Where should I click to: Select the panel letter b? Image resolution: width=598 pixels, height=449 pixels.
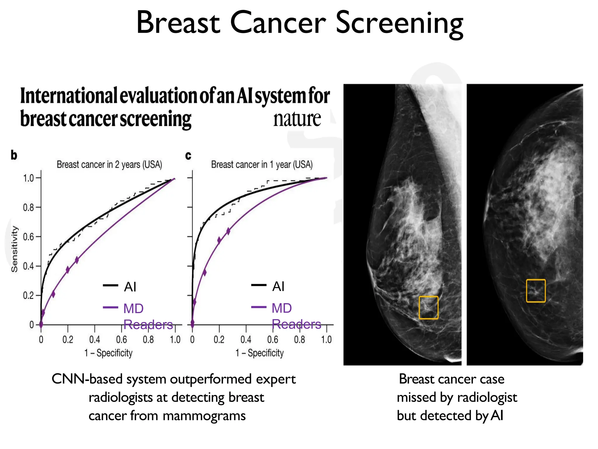(14, 155)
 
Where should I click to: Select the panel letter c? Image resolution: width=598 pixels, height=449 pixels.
(188, 155)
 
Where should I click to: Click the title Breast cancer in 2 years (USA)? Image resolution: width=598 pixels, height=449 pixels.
(109, 165)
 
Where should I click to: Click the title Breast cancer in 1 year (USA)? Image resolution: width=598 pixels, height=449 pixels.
(262, 165)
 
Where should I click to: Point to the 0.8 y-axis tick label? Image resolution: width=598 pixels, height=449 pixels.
(28, 208)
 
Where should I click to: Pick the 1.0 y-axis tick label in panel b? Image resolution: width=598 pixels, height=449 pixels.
(28, 178)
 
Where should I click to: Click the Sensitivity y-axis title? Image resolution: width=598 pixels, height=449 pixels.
(14, 249)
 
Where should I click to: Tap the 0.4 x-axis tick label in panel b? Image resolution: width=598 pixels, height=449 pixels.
(94, 340)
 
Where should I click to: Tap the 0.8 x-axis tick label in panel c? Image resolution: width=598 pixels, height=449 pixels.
(300, 340)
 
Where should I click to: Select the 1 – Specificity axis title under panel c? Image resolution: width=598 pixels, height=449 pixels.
(260, 353)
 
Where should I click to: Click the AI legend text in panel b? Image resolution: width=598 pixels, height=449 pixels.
(130, 287)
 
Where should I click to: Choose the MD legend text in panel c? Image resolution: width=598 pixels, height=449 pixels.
(281, 308)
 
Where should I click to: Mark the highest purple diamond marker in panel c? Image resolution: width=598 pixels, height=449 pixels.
(228, 231)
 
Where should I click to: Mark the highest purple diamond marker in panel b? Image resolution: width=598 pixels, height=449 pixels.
(77, 260)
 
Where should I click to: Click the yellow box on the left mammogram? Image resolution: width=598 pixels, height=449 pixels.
(428, 308)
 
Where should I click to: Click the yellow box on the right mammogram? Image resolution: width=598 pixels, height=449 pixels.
(536, 291)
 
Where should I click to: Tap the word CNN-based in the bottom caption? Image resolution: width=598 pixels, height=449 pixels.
(87, 379)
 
